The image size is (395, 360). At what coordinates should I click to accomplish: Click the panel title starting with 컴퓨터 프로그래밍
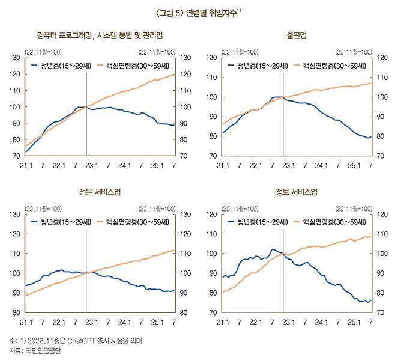click(100, 36)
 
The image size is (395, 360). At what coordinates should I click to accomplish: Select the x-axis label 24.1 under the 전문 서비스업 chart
click(124, 322)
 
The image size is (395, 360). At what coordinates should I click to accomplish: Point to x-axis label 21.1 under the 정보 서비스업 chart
click(223, 322)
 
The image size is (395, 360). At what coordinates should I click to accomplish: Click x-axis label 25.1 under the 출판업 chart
click(354, 165)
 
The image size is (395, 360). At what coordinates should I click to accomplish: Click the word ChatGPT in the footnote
click(80, 341)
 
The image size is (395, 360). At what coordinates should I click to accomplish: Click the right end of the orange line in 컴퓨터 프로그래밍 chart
click(175, 74)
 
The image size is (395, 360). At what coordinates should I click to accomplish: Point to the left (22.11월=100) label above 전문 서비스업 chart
click(43, 209)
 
